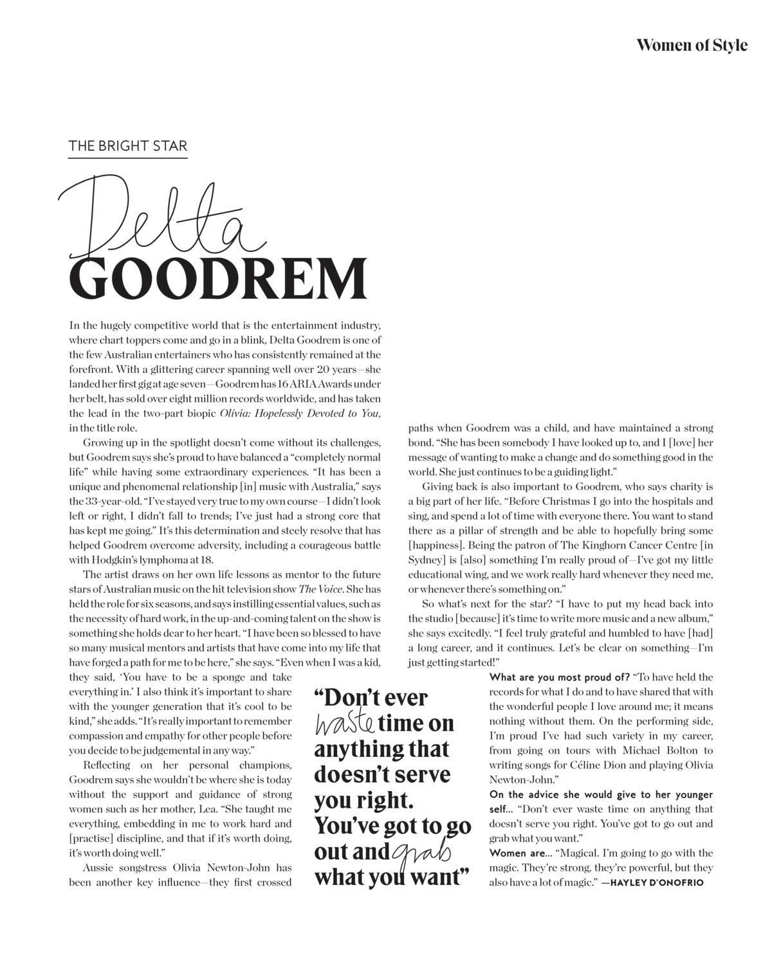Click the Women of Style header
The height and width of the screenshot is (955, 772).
tap(692, 45)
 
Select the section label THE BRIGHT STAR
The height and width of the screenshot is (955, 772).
tap(128, 146)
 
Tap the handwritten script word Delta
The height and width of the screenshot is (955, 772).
tap(161, 219)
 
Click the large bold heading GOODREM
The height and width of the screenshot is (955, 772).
tap(218, 278)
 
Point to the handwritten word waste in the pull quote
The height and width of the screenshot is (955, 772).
tap(344, 723)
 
